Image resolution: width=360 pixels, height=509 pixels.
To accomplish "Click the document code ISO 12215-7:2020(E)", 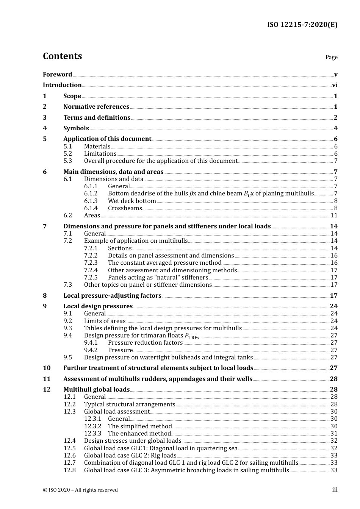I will [302, 25].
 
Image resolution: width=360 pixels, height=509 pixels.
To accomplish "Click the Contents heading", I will [62, 56].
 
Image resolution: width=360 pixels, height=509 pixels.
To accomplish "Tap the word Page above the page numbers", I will [331, 57].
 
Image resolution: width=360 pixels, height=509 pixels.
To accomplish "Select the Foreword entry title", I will [57, 75].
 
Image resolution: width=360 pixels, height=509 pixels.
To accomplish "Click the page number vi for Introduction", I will [335, 85].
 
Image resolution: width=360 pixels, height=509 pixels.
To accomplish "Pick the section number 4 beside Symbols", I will [45, 128].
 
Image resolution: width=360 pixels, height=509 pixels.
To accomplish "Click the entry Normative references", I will [96, 107].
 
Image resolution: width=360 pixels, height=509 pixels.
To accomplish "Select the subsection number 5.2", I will [67, 154].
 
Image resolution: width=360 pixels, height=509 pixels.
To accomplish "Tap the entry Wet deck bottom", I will [132, 201].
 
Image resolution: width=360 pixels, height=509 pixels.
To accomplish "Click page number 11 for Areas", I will [334, 215].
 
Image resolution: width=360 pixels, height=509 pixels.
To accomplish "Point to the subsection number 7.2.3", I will [91, 263].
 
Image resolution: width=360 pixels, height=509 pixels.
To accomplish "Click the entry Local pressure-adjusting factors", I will [112, 296].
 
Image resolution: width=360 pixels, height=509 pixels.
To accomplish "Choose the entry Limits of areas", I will [105, 321].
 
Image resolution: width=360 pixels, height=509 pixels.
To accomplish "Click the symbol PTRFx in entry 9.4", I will [192, 336].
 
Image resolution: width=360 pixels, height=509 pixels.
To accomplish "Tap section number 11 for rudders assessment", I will [46, 379].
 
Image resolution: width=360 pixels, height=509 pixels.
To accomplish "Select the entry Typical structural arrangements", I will [130, 404].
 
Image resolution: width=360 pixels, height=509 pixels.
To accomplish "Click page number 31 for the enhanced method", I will [334, 434].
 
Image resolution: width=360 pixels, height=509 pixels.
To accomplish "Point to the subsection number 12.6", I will [69, 456].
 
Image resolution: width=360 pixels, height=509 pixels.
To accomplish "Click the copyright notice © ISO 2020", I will [80, 490].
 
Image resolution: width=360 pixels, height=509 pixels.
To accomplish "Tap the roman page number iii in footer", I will [335, 490].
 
